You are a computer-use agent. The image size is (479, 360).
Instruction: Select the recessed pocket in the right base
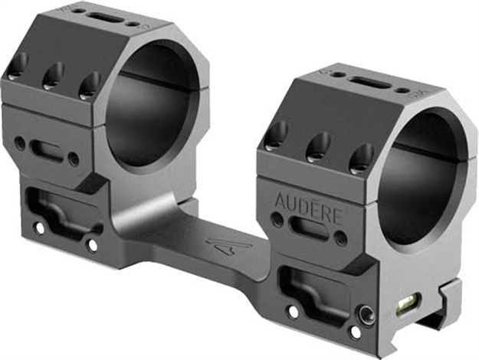tap(310, 287)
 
